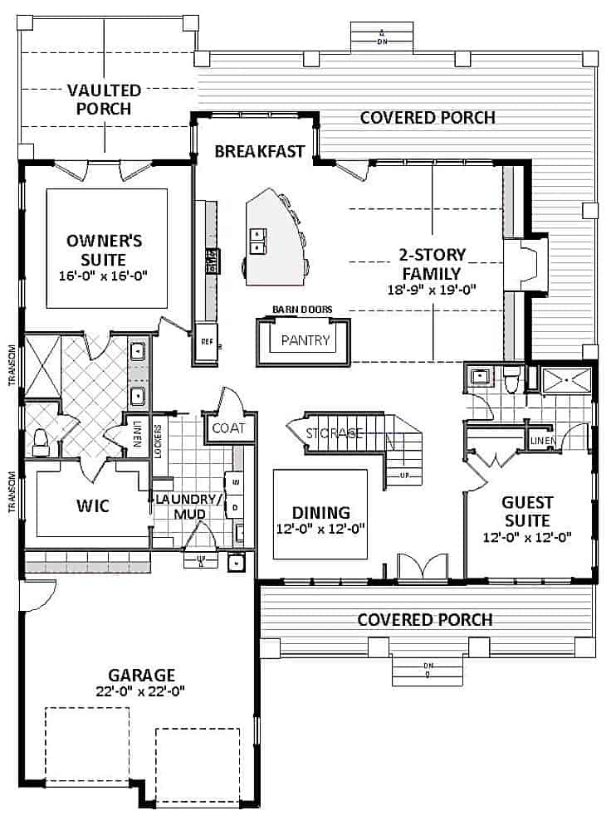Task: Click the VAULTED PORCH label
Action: coord(104,99)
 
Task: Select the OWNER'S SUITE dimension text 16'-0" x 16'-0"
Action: coord(105,275)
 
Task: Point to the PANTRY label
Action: coord(305,340)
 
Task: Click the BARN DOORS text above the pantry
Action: coord(302,310)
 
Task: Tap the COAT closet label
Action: coord(228,428)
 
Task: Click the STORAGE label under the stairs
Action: coord(334,433)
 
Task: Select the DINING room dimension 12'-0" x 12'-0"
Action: coord(320,528)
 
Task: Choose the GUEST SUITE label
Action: coord(527,511)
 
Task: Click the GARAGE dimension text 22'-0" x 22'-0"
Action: coord(139,690)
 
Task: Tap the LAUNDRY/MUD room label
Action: coord(188,505)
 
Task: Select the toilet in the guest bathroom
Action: coord(512,379)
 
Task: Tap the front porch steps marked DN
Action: coord(428,668)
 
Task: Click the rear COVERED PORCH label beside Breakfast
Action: coord(428,118)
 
